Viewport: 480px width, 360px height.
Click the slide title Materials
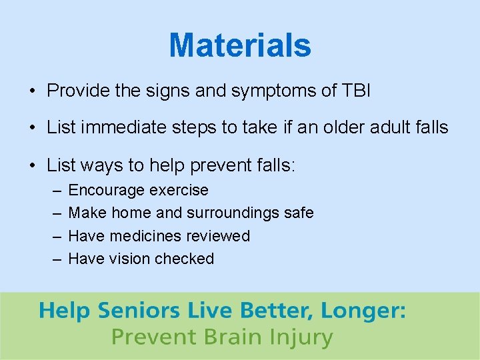239,45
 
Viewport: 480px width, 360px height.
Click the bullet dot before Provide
32,91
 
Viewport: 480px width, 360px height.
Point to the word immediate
127,127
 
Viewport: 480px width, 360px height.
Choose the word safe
297,213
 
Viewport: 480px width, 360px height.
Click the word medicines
146,236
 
